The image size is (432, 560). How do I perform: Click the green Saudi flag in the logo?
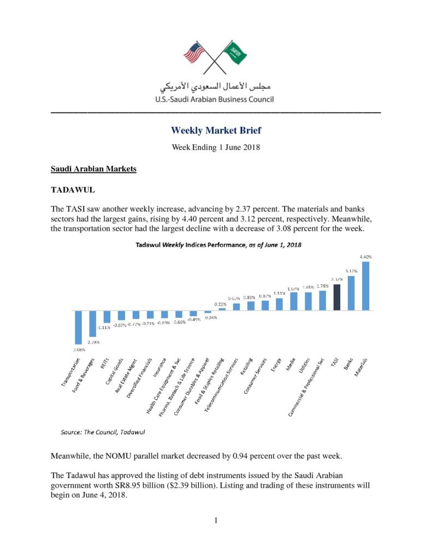pos(237,53)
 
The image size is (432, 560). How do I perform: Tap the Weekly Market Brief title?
pos(216,130)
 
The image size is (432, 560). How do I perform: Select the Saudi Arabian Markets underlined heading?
pos(93,169)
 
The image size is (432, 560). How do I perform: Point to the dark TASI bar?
pos(337,297)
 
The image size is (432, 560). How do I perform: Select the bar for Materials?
pos(365,285)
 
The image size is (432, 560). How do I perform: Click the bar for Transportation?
pos(79,328)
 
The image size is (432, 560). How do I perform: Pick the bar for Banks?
pos(351,293)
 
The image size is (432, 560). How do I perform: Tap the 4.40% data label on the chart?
pos(365,256)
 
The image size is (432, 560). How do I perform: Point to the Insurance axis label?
pos(158,372)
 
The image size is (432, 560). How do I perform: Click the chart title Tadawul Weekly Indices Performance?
pos(218,245)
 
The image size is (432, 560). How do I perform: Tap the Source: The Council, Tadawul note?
pos(102,432)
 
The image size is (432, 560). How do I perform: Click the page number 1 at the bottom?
pos(216,520)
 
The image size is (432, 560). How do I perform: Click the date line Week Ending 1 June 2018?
pos(216,147)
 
